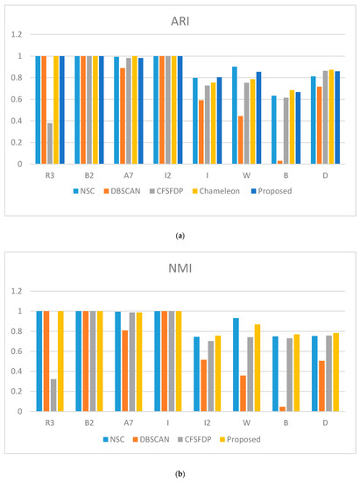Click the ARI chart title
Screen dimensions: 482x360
[x=180, y=19]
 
